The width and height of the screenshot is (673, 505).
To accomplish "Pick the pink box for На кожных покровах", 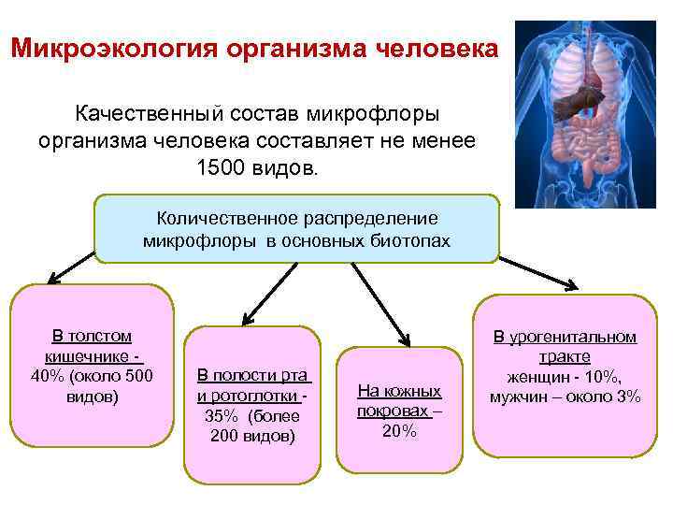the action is coord(399,410).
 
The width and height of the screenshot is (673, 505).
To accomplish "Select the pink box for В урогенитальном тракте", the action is coord(565,374).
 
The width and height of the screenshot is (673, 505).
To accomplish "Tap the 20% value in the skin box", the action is coord(399,431).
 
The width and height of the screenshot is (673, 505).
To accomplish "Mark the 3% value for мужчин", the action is coord(628,397).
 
